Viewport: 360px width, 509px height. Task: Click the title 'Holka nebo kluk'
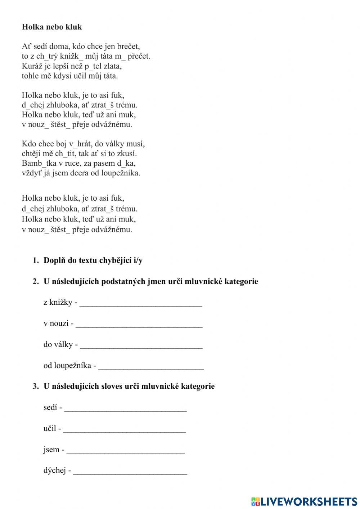(52, 27)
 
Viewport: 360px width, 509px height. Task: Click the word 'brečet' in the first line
(129, 46)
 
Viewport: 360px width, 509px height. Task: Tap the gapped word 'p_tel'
(94, 66)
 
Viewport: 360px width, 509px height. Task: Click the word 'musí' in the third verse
(137, 144)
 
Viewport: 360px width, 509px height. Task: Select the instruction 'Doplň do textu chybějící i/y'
(93, 260)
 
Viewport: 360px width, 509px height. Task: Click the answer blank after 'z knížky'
(141, 303)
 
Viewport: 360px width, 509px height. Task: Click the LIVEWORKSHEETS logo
(304, 501)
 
